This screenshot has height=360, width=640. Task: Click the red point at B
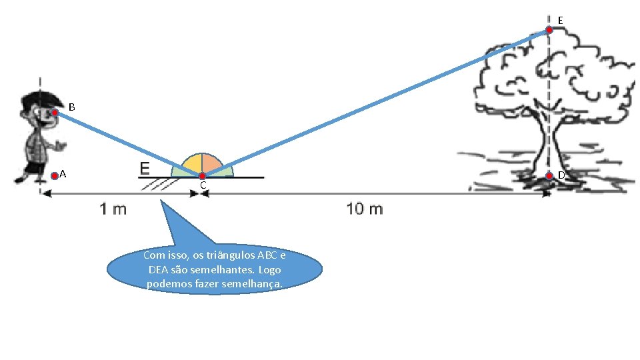click(x=55, y=113)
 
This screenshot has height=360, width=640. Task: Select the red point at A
click(x=55, y=176)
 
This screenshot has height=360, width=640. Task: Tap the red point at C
click(x=202, y=176)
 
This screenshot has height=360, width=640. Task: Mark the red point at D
click(x=549, y=176)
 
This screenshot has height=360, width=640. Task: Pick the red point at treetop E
click(x=549, y=30)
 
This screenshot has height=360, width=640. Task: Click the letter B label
click(x=72, y=107)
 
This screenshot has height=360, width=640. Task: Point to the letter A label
click(x=63, y=174)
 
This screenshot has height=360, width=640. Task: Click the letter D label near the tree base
click(x=561, y=175)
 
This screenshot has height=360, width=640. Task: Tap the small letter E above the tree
click(x=560, y=21)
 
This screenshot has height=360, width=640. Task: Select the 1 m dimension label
click(x=113, y=209)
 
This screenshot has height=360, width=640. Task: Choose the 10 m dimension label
click(x=365, y=209)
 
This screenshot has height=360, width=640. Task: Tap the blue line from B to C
click(x=127, y=144)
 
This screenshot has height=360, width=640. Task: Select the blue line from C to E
click(x=373, y=103)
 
